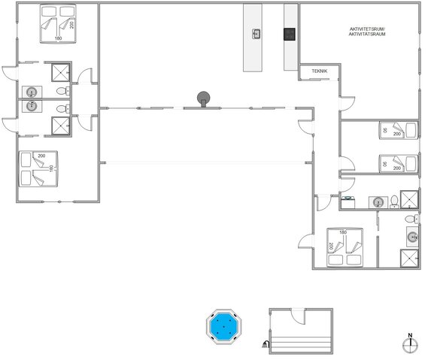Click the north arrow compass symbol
pos(409,344)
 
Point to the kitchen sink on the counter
pos(256,33)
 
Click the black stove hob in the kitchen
pos(288,33)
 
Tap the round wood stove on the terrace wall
pos(203,98)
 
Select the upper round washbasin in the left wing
pos(32,92)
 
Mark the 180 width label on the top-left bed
pos(58,38)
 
